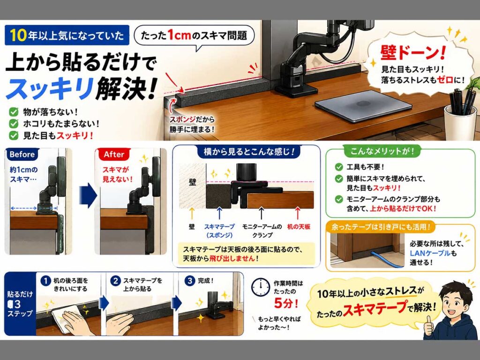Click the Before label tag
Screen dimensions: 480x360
point(22,154)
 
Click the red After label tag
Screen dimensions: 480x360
point(113,154)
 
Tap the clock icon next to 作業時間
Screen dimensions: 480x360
point(261,287)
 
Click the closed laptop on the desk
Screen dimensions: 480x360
point(363,106)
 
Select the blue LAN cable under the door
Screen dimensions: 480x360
point(387,260)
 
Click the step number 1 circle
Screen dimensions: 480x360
point(45,281)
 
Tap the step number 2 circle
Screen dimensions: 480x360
point(115,281)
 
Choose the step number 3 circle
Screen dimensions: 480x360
point(190,281)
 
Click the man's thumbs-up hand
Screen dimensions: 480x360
point(428,326)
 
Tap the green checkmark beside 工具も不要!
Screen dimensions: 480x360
point(339,167)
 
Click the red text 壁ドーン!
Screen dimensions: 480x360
point(412,52)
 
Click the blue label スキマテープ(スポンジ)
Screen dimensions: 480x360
point(219,231)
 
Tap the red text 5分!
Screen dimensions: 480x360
point(285,303)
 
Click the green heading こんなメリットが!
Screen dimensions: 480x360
point(382,151)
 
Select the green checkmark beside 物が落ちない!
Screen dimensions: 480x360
point(14,112)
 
